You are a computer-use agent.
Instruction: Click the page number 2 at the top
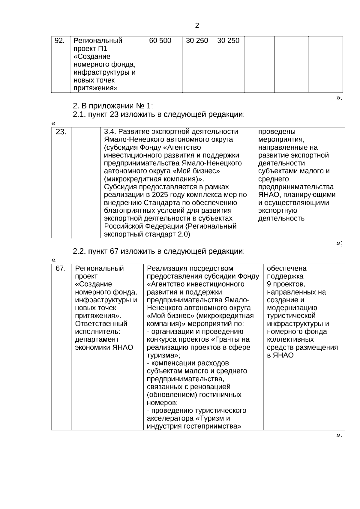point(197,26)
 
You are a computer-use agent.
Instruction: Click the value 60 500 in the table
point(160,40)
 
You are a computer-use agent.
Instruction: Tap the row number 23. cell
point(61,132)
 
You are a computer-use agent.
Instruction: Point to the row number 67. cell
point(61,268)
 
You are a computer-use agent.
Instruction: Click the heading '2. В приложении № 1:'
point(113,106)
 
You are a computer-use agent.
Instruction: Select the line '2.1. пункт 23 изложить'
point(159,114)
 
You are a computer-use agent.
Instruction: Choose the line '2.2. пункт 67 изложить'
point(159,251)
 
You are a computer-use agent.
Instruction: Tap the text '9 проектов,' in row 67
point(286,284)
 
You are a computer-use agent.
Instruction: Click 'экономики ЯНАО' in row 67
point(104,347)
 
